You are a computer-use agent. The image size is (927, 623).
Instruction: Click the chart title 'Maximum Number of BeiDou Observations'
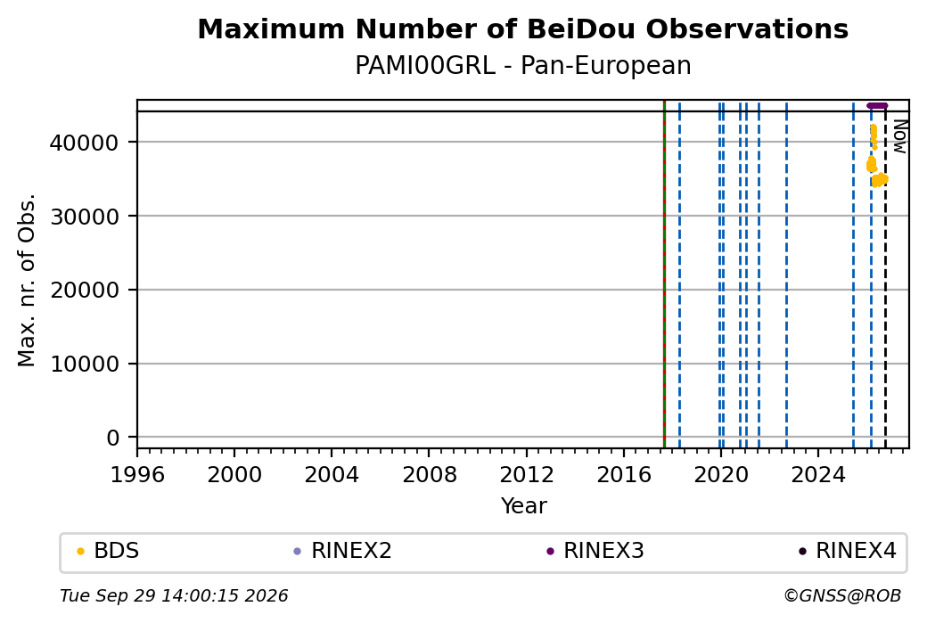click(x=522, y=29)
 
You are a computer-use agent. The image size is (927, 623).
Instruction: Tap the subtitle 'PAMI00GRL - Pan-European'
click(x=522, y=66)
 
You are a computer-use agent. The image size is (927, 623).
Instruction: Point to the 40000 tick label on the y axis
click(x=85, y=143)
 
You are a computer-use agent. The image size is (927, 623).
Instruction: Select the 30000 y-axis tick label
click(x=85, y=217)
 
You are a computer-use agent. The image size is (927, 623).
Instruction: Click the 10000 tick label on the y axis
click(x=85, y=365)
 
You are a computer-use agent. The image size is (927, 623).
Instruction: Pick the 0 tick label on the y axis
click(x=113, y=438)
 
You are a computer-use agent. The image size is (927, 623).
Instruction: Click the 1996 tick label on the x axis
click(x=137, y=475)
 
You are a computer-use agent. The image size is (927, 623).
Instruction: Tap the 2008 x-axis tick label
click(x=430, y=475)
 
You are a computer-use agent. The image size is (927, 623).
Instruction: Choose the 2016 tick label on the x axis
click(x=624, y=475)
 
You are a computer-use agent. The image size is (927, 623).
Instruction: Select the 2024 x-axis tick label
click(x=818, y=475)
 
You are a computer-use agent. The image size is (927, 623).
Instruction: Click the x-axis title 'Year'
click(x=524, y=506)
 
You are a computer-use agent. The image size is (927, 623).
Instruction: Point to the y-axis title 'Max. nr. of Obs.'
click(x=27, y=280)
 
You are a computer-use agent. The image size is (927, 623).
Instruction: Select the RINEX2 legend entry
click(x=343, y=551)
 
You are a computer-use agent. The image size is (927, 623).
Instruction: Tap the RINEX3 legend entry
click(x=595, y=551)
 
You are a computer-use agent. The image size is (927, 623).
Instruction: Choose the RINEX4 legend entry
click(x=848, y=551)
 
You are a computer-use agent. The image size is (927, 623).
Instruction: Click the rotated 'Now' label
click(x=899, y=136)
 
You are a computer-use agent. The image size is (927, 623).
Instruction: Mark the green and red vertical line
click(x=665, y=275)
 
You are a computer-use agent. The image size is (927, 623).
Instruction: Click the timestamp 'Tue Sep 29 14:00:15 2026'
click(x=174, y=595)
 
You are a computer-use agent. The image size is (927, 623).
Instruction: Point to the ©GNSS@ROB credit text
click(x=842, y=595)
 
